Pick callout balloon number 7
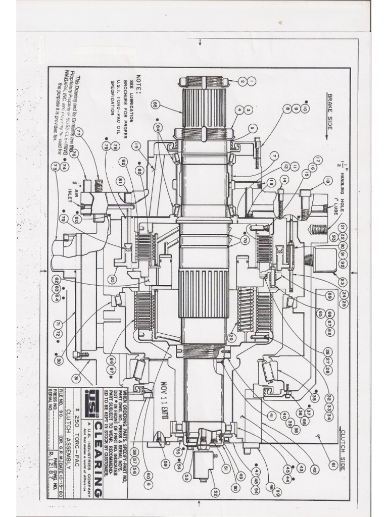pos(274,154)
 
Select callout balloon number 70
pos(245,240)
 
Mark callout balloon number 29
pos(232,337)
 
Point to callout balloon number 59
pos(165,462)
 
